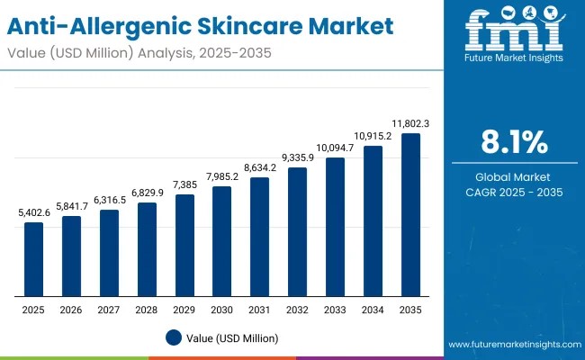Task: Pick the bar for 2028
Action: (147, 249)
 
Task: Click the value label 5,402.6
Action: (33, 213)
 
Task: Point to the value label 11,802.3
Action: (410, 124)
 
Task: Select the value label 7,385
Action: (184, 185)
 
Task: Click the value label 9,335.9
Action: (298, 158)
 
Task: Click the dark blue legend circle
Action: (175, 337)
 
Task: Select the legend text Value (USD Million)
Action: (233, 337)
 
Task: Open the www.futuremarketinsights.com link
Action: (510, 345)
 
